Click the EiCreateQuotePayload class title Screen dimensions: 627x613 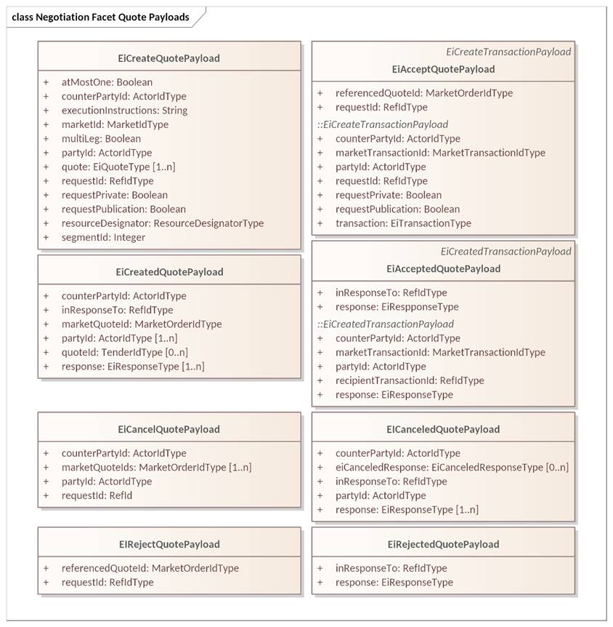click(169, 58)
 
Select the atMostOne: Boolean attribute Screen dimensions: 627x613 click(107, 82)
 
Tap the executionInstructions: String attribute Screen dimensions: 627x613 click(124, 111)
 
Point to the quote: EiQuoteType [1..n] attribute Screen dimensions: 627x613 click(118, 167)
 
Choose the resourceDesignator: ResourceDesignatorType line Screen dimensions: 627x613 click(163, 223)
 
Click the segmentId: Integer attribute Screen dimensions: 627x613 click(103, 237)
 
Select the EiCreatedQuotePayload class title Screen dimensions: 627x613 click(169, 272)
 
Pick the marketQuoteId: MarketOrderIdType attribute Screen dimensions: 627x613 click(142, 324)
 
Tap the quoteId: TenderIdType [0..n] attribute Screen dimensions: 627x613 click(125, 352)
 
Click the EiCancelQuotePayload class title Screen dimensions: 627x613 click(169, 429)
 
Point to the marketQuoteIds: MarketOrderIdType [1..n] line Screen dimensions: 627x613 click(156, 468)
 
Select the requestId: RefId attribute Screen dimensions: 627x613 click(97, 495)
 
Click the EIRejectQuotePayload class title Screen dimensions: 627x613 click(169, 544)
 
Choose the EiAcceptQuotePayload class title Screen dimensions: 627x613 click(443, 69)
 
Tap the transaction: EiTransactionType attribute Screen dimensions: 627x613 click(403, 223)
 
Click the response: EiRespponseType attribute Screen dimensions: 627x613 click(397, 307)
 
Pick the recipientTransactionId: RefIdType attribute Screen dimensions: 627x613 click(410, 380)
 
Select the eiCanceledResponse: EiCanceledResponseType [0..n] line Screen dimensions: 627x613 click(452, 468)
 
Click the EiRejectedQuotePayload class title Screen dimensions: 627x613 click(443, 544)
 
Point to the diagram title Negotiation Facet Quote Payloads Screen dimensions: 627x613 click(101, 17)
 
